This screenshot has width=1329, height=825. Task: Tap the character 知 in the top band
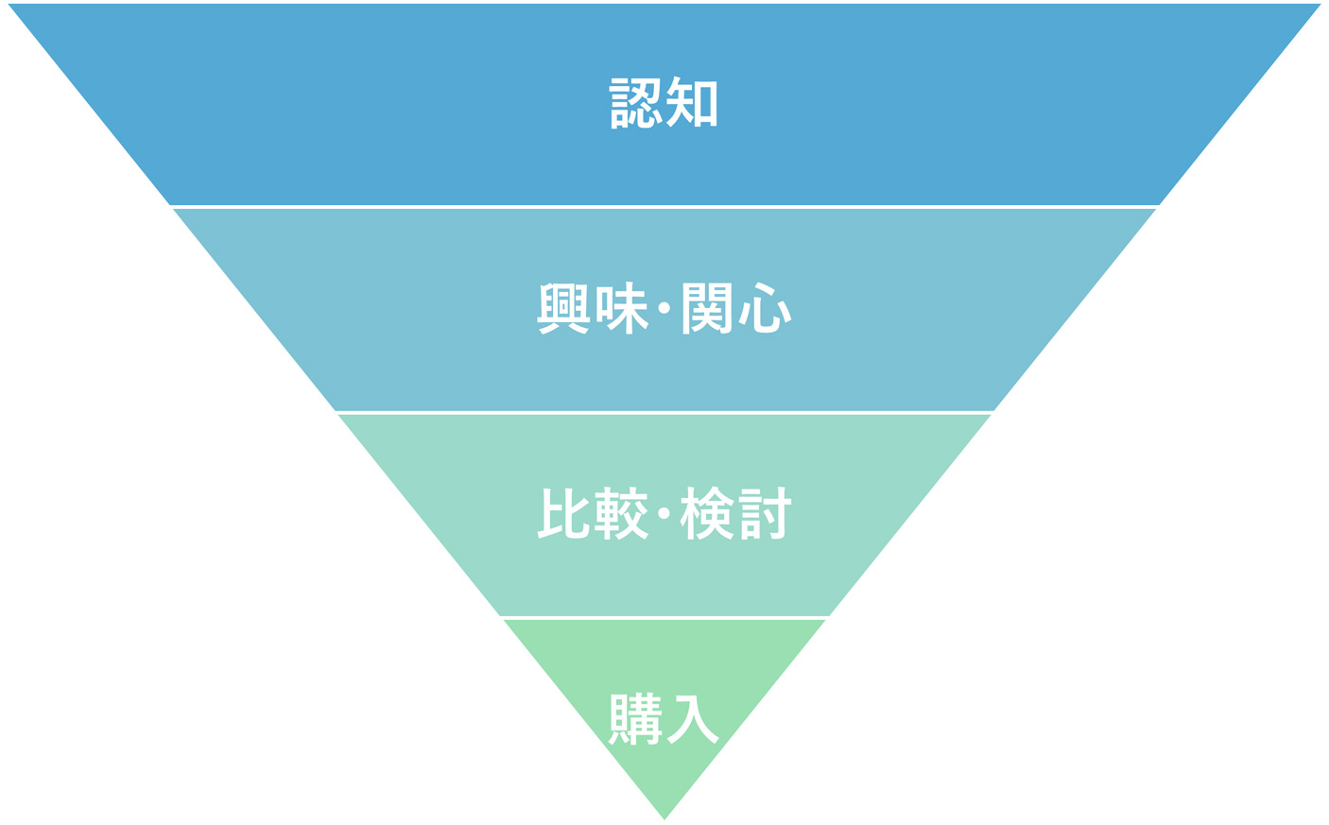point(692,102)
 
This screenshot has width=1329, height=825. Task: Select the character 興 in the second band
point(563,308)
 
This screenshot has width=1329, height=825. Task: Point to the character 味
point(627,308)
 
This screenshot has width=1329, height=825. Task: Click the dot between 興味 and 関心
point(664,308)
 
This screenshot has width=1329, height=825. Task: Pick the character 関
point(707,308)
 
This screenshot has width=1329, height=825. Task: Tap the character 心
point(766,308)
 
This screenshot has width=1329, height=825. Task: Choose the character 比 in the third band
point(563,513)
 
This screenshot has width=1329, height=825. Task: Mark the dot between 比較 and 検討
point(664,513)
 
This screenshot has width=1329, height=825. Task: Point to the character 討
point(765,513)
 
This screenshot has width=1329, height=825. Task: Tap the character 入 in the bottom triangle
point(693,719)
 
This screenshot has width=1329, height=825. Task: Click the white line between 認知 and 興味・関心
point(664,206)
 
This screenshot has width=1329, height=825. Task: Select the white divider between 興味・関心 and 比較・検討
point(664,412)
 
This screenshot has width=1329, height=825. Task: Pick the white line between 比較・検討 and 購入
point(664,617)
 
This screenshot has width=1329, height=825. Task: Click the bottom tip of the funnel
point(664,816)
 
